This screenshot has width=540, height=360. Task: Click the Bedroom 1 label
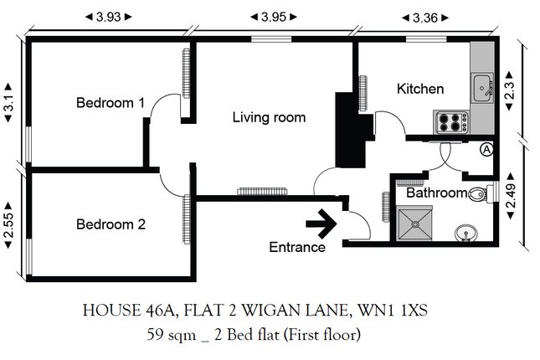tap(111, 103)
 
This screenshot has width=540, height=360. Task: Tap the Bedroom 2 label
tap(111, 224)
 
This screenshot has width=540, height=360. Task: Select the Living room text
tap(269, 117)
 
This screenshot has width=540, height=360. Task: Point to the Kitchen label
tap(420, 89)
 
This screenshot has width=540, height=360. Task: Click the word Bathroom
tap(437, 193)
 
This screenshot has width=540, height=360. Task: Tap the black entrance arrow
tap(321, 224)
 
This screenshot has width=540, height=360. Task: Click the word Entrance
tap(297, 247)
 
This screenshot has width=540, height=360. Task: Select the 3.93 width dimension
tap(109, 17)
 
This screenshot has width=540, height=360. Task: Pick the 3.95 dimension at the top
tap(274, 17)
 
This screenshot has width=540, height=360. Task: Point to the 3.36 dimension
tap(425, 18)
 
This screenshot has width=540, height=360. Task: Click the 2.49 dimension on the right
tap(511, 196)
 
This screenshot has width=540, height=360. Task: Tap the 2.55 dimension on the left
tap(8, 225)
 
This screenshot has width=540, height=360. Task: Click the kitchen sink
tap(482, 88)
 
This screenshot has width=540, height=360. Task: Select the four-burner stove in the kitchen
tap(451, 122)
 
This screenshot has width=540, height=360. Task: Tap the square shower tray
tap(415, 224)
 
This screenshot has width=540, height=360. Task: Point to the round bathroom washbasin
tap(466, 234)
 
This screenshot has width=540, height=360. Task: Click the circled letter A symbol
tap(486, 150)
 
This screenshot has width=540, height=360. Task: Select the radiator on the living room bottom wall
tap(262, 192)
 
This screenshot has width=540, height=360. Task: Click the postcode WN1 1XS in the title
tap(393, 311)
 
